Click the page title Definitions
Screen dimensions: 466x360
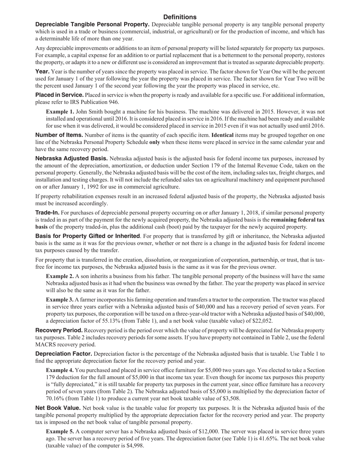coord(180,17)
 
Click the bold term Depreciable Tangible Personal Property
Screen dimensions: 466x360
coord(92,24)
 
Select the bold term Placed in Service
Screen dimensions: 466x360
coord(59,95)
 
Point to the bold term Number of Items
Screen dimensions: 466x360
coord(59,135)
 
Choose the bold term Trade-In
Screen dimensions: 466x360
coord(47,213)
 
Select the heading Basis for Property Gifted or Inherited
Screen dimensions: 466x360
coord(88,236)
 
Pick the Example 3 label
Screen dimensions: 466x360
coord(60,299)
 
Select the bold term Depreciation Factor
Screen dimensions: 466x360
coord(64,353)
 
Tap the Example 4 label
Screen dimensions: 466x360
coord(60,370)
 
